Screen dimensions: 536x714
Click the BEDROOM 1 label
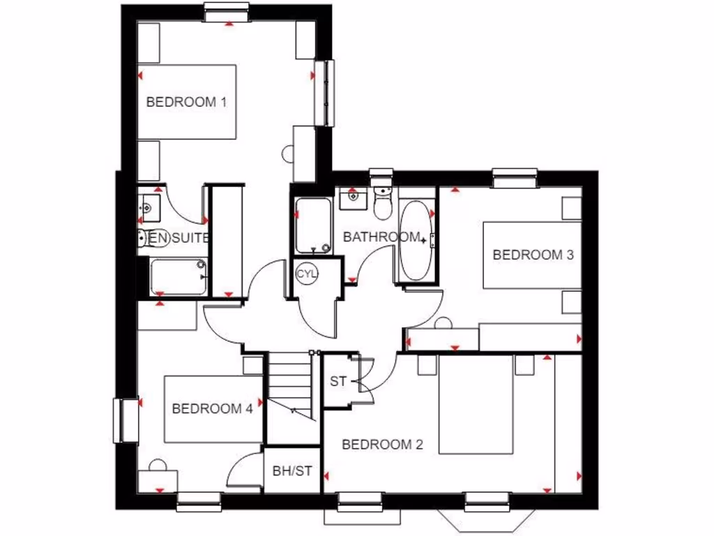(186, 102)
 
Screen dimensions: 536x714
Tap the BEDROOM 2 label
(383, 445)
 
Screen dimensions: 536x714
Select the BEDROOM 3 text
(533, 255)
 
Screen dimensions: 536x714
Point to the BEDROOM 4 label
(212, 409)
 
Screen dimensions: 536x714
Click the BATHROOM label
(381, 237)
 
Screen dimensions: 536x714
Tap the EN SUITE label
(179, 238)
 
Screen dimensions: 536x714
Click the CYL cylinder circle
(307, 274)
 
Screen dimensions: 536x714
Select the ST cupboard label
(338, 382)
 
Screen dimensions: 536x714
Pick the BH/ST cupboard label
(292, 471)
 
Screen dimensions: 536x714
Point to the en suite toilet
(142, 238)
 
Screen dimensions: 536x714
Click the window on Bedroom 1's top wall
(227, 10)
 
